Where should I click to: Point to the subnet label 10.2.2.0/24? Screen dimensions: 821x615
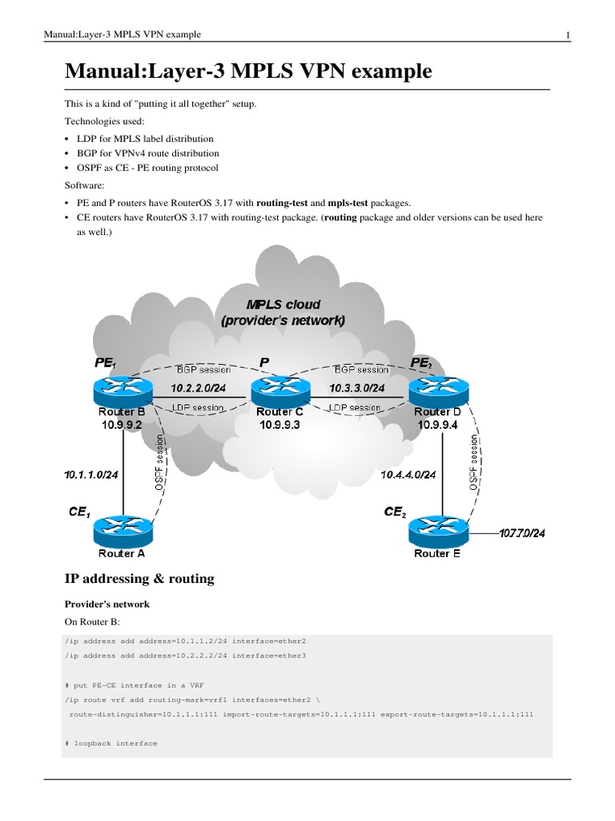pyautogui.click(x=199, y=388)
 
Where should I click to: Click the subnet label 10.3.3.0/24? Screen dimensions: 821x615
pyautogui.click(x=357, y=388)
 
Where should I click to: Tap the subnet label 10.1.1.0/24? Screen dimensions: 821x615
pyautogui.click(x=91, y=475)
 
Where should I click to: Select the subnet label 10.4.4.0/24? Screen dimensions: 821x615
pyautogui.click(x=408, y=475)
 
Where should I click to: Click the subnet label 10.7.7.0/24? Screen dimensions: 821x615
pyautogui.click(x=522, y=534)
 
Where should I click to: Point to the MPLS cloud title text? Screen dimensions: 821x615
pyautogui.click(x=283, y=312)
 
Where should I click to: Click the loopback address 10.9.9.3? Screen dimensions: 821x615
pyautogui.click(x=279, y=425)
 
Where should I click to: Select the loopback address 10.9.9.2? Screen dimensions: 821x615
pyautogui.click(x=122, y=425)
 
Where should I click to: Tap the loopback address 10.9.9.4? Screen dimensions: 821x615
pyautogui.click(x=437, y=425)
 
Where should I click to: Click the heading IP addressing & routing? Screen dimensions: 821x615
pyautogui.click(x=139, y=578)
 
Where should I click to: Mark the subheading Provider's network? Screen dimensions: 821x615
pyautogui.click(x=107, y=604)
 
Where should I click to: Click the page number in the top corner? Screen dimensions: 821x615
pyautogui.click(x=567, y=34)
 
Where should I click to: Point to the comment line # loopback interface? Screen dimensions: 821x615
pyautogui.click(x=111, y=743)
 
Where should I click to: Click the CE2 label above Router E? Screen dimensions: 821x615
pyautogui.click(x=394, y=511)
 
